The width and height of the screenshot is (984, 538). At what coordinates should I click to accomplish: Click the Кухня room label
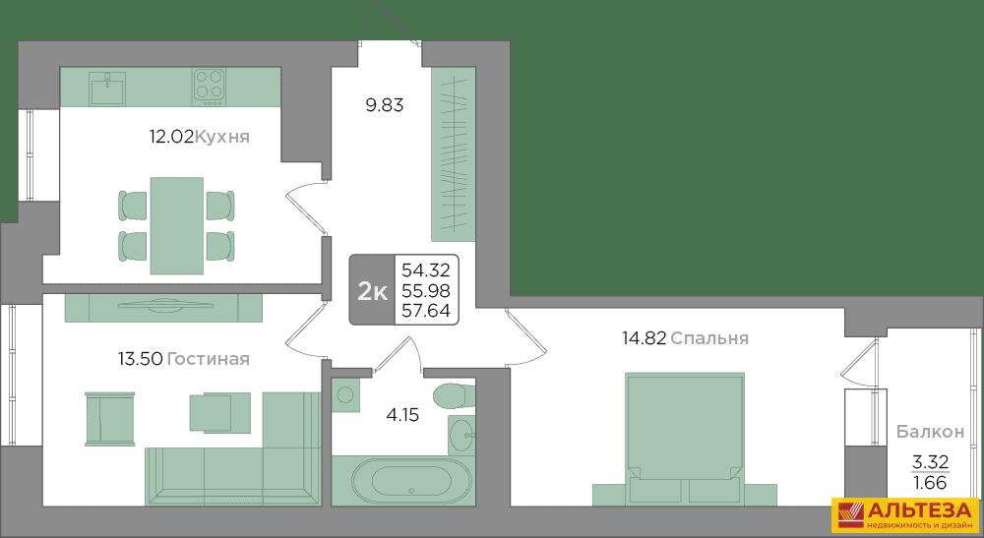pos(222,137)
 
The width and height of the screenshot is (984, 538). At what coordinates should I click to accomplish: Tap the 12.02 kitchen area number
pos(170,136)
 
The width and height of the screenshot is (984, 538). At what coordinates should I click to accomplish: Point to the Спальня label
pos(709,338)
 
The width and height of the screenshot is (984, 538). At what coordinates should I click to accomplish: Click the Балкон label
pos(930,432)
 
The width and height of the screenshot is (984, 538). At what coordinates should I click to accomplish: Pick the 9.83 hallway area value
pos(385,104)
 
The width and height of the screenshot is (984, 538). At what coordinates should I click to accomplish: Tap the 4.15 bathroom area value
pos(402,414)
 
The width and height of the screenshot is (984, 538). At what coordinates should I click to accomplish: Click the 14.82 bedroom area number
pos(644,338)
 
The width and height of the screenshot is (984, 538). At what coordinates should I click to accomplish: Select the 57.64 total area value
pos(426,311)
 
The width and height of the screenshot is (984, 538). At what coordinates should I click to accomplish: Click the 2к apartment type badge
pos(373,291)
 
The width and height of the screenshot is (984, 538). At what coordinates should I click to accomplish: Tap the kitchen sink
pos(107,88)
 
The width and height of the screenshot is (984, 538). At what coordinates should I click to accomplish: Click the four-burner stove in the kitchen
pos(209,84)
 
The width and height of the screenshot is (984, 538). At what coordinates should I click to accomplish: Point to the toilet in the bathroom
pos(453,395)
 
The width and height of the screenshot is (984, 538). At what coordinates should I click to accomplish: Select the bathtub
pos(402,481)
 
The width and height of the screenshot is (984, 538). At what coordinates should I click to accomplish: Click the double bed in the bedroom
pos(685,439)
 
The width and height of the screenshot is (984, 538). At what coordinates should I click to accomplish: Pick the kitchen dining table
pos(176,226)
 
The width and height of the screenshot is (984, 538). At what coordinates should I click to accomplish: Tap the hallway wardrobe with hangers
pos(453,154)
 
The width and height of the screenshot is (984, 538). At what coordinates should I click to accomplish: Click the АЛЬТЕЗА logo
pos(905,514)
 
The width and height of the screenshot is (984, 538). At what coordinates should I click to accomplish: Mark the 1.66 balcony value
pos(930,483)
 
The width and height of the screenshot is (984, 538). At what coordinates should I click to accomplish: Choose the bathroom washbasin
pos(463,434)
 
